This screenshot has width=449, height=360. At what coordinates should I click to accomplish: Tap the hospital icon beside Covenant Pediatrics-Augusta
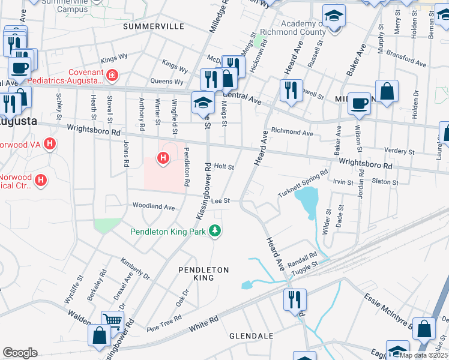pyautogui.click(x=112, y=75)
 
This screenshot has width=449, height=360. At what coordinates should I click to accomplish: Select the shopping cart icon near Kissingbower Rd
pyautogui.click(x=112, y=322)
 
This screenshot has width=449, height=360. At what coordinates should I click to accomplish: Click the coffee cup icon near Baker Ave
pyautogui.click(x=359, y=103)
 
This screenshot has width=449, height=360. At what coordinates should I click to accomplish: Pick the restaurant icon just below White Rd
pyautogui.click(x=295, y=299)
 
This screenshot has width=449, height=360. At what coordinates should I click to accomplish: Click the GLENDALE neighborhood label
pyautogui.click(x=252, y=336)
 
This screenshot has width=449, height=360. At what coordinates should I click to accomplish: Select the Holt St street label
pyautogui.click(x=224, y=167)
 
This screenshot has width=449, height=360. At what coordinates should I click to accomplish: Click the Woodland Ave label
pyautogui.click(x=154, y=206)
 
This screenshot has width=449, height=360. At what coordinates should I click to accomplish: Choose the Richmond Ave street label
pyautogui.click(x=292, y=131)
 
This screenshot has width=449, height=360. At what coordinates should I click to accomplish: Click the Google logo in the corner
pyautogui.click(x=20, y=352)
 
